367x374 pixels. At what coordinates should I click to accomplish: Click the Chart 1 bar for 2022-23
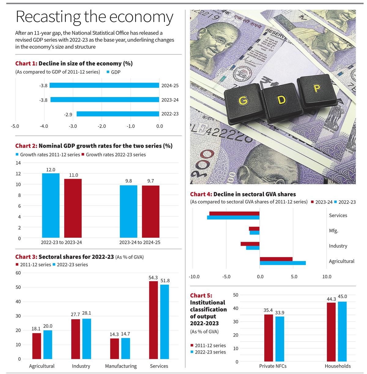click(118, 114)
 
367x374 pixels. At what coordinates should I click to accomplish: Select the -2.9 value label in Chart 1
click(68, 114)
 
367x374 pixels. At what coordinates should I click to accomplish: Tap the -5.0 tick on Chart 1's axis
click(15, 126)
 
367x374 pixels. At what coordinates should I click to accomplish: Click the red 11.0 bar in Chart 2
click(73, 208)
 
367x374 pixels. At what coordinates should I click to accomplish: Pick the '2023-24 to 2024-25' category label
click(140, 242)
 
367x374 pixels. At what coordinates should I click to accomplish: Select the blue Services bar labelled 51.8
click(165, 321)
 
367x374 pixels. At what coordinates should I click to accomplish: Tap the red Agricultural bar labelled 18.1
click(36, 346)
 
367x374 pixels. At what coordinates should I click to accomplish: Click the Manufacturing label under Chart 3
click(121, 366)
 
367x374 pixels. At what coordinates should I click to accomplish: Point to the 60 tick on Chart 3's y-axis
click(18, 273)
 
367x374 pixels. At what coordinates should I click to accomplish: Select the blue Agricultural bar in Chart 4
click(283, 263)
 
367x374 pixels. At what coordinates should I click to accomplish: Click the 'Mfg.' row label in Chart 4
click(333, 231)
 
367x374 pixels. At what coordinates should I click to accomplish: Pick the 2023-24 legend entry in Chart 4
click(322, 202)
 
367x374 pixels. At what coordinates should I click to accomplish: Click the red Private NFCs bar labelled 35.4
click(269, 338)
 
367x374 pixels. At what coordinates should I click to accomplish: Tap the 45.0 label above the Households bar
click(342, 297)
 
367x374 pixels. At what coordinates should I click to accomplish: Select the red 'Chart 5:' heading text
click(201, 295)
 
